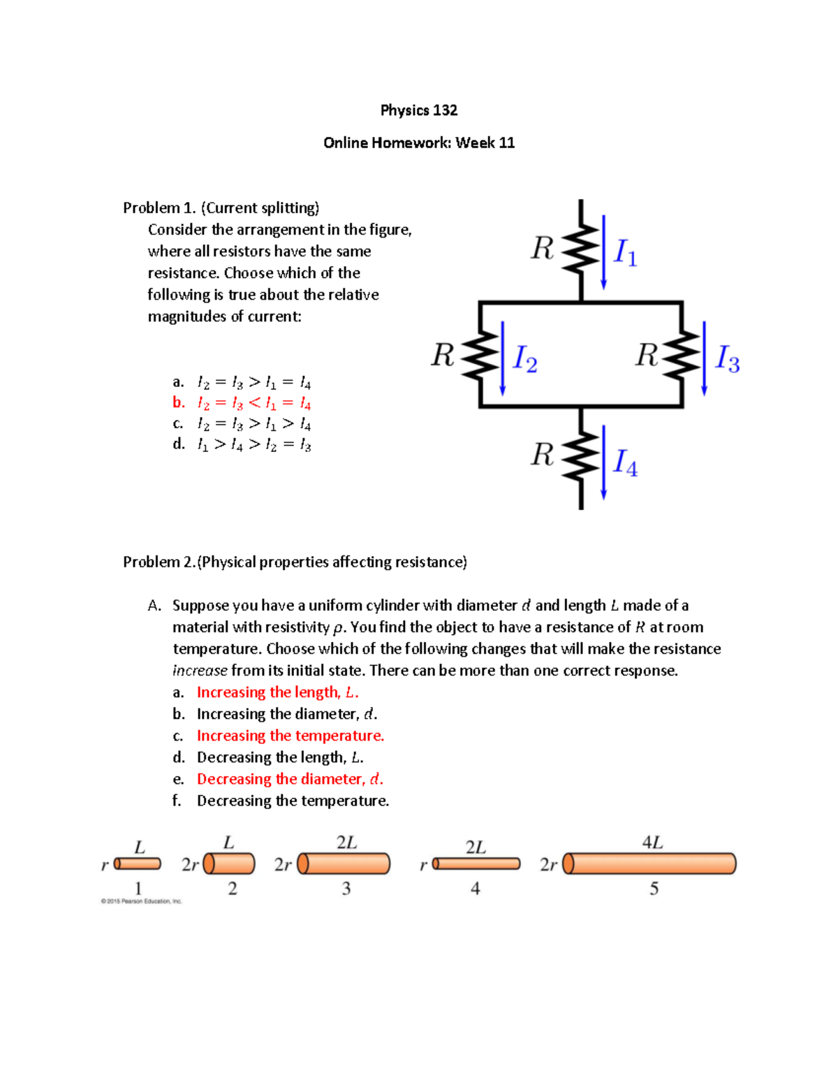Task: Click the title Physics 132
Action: point(418,110)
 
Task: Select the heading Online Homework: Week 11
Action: point(419,143)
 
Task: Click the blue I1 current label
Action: point(625,252)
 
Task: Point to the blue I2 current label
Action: point(525,358)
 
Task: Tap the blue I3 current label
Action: point(728,358)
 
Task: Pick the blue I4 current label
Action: point(625,463)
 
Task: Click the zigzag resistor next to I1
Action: point(581,248)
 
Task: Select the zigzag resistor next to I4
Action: point(581,456)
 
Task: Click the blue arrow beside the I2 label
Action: point(503,358)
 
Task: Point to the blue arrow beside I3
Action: point(704,358)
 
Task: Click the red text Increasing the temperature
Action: point(290,736)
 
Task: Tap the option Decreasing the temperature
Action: point(293,801)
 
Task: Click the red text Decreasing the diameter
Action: point(290,779)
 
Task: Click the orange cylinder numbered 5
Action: point(649,864)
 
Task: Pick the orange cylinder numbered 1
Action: point(138,864)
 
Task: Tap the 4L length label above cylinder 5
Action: point(652,843)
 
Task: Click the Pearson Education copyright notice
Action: point(141,901)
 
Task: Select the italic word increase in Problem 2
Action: point(200,671)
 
